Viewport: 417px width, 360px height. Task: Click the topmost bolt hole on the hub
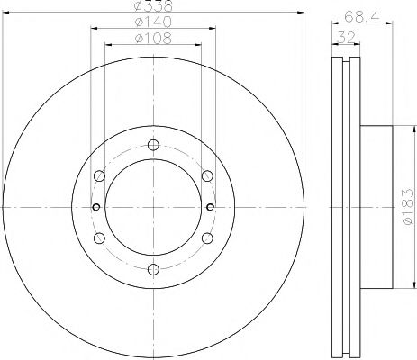click(x=152, y=147)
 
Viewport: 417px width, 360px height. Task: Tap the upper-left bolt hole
click(x=100, y=176)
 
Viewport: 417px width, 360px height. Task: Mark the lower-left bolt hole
click(x=100, y=238)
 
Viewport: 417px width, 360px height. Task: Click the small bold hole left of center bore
click(x=95, y=207)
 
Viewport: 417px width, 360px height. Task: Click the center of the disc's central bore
click(x=152, y=207)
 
